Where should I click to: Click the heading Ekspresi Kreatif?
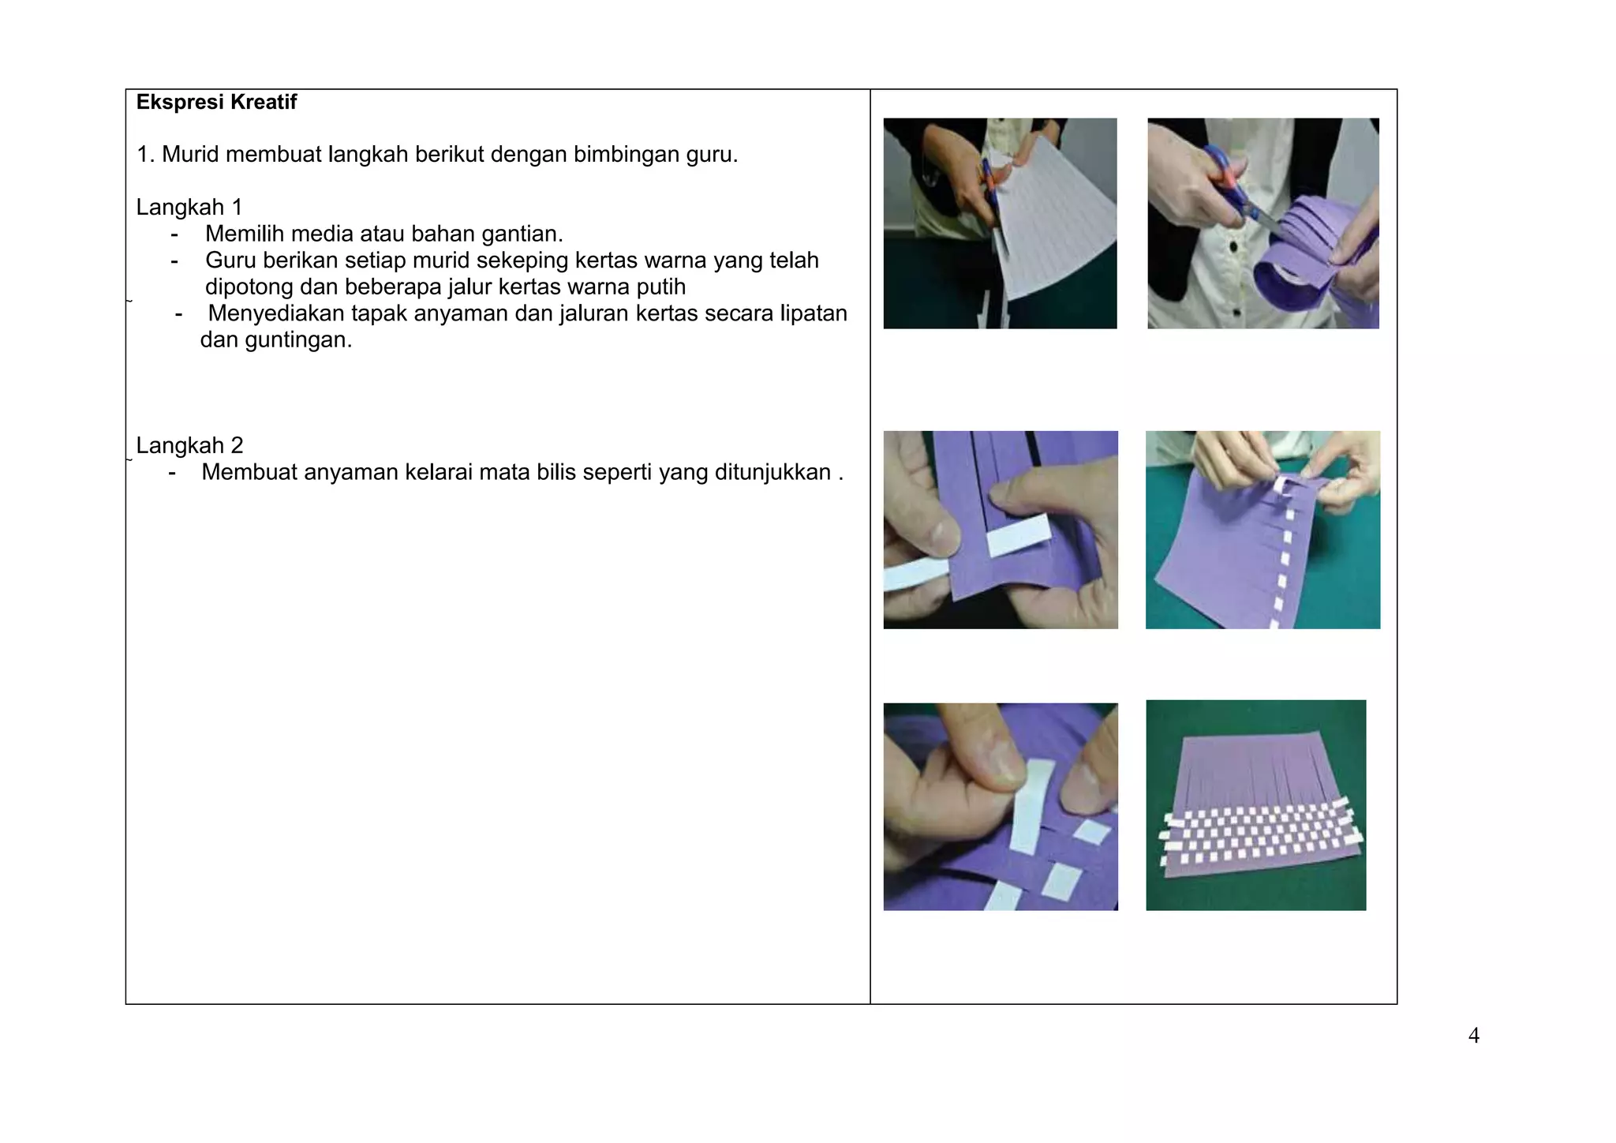[216, 102]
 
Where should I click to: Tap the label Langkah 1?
[189, 207]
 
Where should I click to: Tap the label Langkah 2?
[189, 445]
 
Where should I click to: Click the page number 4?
[1473, 1036]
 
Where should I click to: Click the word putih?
[660, 287]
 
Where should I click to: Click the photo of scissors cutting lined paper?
[1000, 223]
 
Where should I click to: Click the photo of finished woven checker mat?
[1255, 805]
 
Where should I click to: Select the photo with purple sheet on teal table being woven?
[1262, 530]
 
